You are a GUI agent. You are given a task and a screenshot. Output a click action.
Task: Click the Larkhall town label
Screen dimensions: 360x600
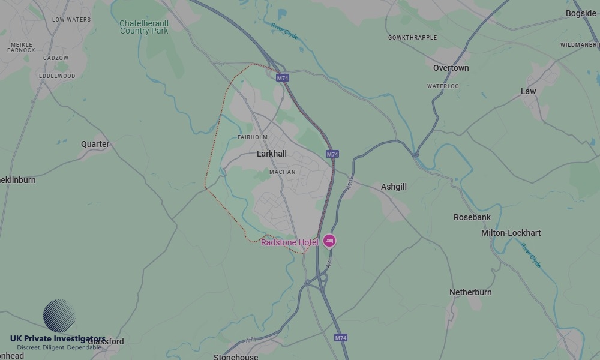(x=271, y=154)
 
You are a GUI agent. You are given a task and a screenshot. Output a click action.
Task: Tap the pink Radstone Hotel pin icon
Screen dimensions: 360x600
(x=329, y=241)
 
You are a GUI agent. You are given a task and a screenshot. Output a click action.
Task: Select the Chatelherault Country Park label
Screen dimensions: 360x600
(x=144, y=27)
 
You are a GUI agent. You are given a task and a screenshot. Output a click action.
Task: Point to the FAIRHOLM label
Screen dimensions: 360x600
(x=253, y=137)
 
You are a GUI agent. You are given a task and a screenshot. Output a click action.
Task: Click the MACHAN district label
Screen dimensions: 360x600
(x=282, y=172)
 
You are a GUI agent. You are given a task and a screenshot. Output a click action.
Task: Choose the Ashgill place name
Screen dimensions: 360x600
(x=394, y=187)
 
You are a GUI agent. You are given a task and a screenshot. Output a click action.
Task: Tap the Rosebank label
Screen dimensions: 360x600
(x=472, y=217)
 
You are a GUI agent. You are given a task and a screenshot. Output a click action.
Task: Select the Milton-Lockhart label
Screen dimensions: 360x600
(x=511, y=233)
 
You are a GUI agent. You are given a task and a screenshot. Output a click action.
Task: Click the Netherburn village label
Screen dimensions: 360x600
(x=470, y=292)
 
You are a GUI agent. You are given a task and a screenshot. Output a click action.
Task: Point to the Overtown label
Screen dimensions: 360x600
(x=451, y=68)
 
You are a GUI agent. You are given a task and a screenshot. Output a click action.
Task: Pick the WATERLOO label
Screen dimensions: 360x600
(x=443, y=86)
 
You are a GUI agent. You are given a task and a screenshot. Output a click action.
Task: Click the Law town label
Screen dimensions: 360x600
(x=528, y=91)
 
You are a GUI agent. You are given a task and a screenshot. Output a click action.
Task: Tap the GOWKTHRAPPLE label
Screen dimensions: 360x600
(x=412, y=38)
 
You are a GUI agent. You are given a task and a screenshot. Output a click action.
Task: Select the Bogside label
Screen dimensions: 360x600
(x=581, y=13)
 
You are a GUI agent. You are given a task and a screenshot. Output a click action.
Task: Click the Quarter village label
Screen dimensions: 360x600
(x=95, y=144)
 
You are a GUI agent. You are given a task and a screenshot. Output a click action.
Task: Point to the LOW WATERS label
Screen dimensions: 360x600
(x=71, y=20)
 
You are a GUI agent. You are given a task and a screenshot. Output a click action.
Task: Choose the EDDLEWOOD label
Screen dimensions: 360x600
(x=57, y=76)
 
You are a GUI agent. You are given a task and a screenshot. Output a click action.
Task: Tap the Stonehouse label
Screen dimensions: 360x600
(x=236, y=356)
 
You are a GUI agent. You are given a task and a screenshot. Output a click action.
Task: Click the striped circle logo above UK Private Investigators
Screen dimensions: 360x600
(x=59, y=316)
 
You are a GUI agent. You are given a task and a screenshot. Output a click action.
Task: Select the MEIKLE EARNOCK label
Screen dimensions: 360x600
(x=21, y=47)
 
